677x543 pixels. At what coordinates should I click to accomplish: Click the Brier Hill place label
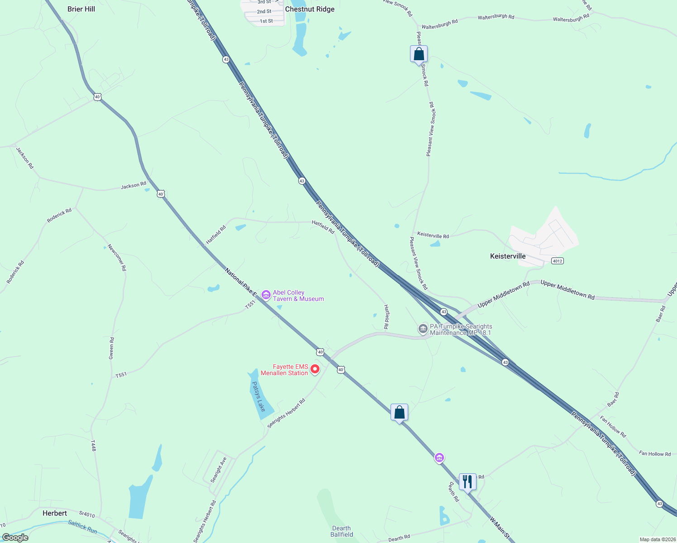(x=81, y=9)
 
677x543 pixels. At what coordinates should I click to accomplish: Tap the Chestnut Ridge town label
(x=310, y=9)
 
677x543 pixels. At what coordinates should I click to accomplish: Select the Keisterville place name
(x=508, y=256)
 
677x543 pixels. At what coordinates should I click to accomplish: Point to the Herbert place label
(x=55, y=513)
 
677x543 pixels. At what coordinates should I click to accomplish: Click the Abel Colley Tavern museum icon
(x=266, y=295)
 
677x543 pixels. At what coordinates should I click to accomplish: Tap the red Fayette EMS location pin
(x=315, y=369)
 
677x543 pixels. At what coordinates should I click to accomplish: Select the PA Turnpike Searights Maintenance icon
(x=423, y=329)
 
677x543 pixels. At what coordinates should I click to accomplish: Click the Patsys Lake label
(x=258, y=397)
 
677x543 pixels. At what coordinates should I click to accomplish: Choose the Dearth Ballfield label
(x=341, y=531)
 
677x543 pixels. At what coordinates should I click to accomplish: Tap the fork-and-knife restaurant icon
(x=467, y=481)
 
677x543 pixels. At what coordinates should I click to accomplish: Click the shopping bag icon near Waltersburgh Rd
(x=419, y=54)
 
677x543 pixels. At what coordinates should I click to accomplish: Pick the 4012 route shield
(x=558, y=261)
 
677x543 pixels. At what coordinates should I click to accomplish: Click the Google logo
(x=15, y=538)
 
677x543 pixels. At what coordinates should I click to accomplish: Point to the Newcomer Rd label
(x=117, y=258)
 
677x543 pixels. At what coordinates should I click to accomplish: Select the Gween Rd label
(x=111, y=348)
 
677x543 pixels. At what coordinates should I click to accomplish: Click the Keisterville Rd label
(x=433, y=235)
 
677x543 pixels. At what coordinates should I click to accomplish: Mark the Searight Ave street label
(x=219, y=470)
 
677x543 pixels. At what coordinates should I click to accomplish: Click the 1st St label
(x=266, y=21)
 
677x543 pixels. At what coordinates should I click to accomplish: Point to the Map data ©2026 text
(x=657, y=539)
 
